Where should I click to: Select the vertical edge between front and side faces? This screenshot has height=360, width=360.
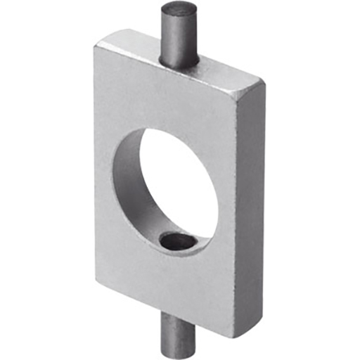coord(236,211)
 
